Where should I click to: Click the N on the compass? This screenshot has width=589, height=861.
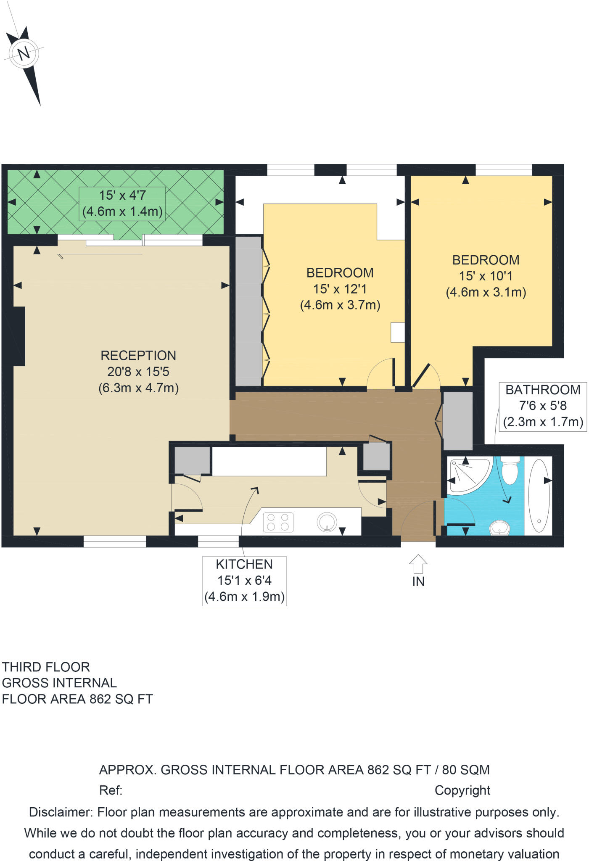(x=24, y=53)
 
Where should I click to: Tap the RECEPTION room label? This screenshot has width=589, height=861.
(x=138, y=356)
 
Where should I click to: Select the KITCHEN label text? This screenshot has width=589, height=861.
(x=244, y=564)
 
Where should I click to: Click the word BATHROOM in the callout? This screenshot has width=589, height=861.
(x=543, y=390)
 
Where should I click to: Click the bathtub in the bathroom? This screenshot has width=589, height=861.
(x=539, y=496)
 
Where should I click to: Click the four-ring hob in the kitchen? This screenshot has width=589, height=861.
(x=278, y=522)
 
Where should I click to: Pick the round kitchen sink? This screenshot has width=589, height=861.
(x=327, y=522)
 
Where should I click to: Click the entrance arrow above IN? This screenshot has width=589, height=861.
(x=418, y=564)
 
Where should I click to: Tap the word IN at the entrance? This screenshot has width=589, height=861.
(x=418, y=581)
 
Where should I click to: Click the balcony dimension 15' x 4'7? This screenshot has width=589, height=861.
(x=122, y=195)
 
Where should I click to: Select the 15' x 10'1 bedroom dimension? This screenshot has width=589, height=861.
(x=486, y=276)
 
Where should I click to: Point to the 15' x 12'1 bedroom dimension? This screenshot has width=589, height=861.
(x=340, y=289)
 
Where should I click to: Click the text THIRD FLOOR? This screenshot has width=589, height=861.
(x=46, y=667)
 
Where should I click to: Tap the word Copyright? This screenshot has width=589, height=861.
(x=462, y=791)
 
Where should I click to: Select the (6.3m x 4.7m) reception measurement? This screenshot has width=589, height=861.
(x=138, y=388)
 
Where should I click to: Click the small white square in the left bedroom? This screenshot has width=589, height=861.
(x=398, y=332)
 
